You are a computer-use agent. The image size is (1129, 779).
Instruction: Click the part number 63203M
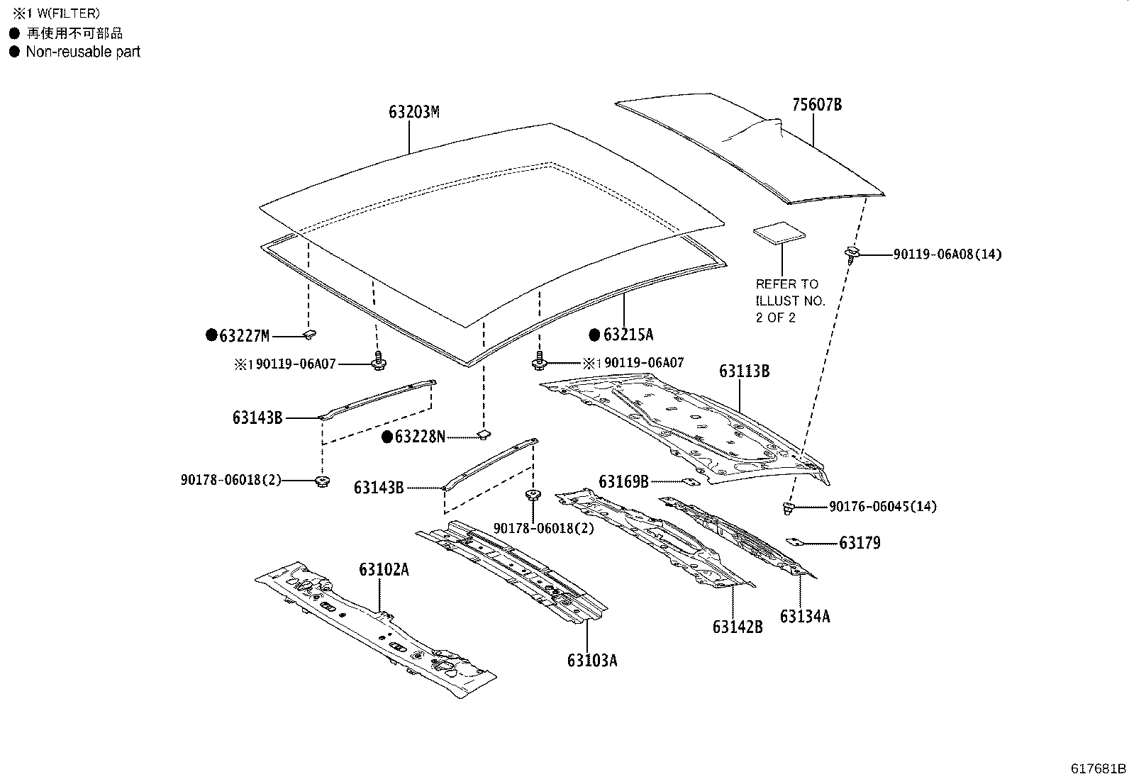click(x=413, y=112)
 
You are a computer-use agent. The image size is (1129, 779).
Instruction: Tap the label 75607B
click(x=816, y=105)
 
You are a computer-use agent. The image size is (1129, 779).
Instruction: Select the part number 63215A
click(x=628, y=335)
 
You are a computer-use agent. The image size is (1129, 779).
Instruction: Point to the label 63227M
click(x=245, y=336)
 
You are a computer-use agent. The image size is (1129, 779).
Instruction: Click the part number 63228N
click(x=420, y=437)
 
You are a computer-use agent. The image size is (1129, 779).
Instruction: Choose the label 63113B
click(x=744, y=371)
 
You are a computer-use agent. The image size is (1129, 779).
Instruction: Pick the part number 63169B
click(x=623, y=482)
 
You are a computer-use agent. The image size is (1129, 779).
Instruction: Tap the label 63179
click(x=860, y=543)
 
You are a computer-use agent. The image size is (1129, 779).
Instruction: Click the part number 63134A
click(x=804, y=616)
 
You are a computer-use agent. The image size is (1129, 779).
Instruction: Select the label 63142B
click(x=738, y=627)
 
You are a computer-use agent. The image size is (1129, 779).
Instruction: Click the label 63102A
click(x=384, y=569)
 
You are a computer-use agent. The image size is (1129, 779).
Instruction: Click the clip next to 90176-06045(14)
click(x=787, y=507)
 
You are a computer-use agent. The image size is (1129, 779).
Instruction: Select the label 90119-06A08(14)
click(x=947, y=254)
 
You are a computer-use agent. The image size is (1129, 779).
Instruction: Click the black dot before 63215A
click(x=594, y=335)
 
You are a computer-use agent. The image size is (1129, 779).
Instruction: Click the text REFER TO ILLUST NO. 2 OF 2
click(x=790, y=301)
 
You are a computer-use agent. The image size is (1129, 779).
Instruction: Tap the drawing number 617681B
click(x=1099, y=768)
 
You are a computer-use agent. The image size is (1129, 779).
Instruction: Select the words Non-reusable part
click(x=83, y=52)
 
